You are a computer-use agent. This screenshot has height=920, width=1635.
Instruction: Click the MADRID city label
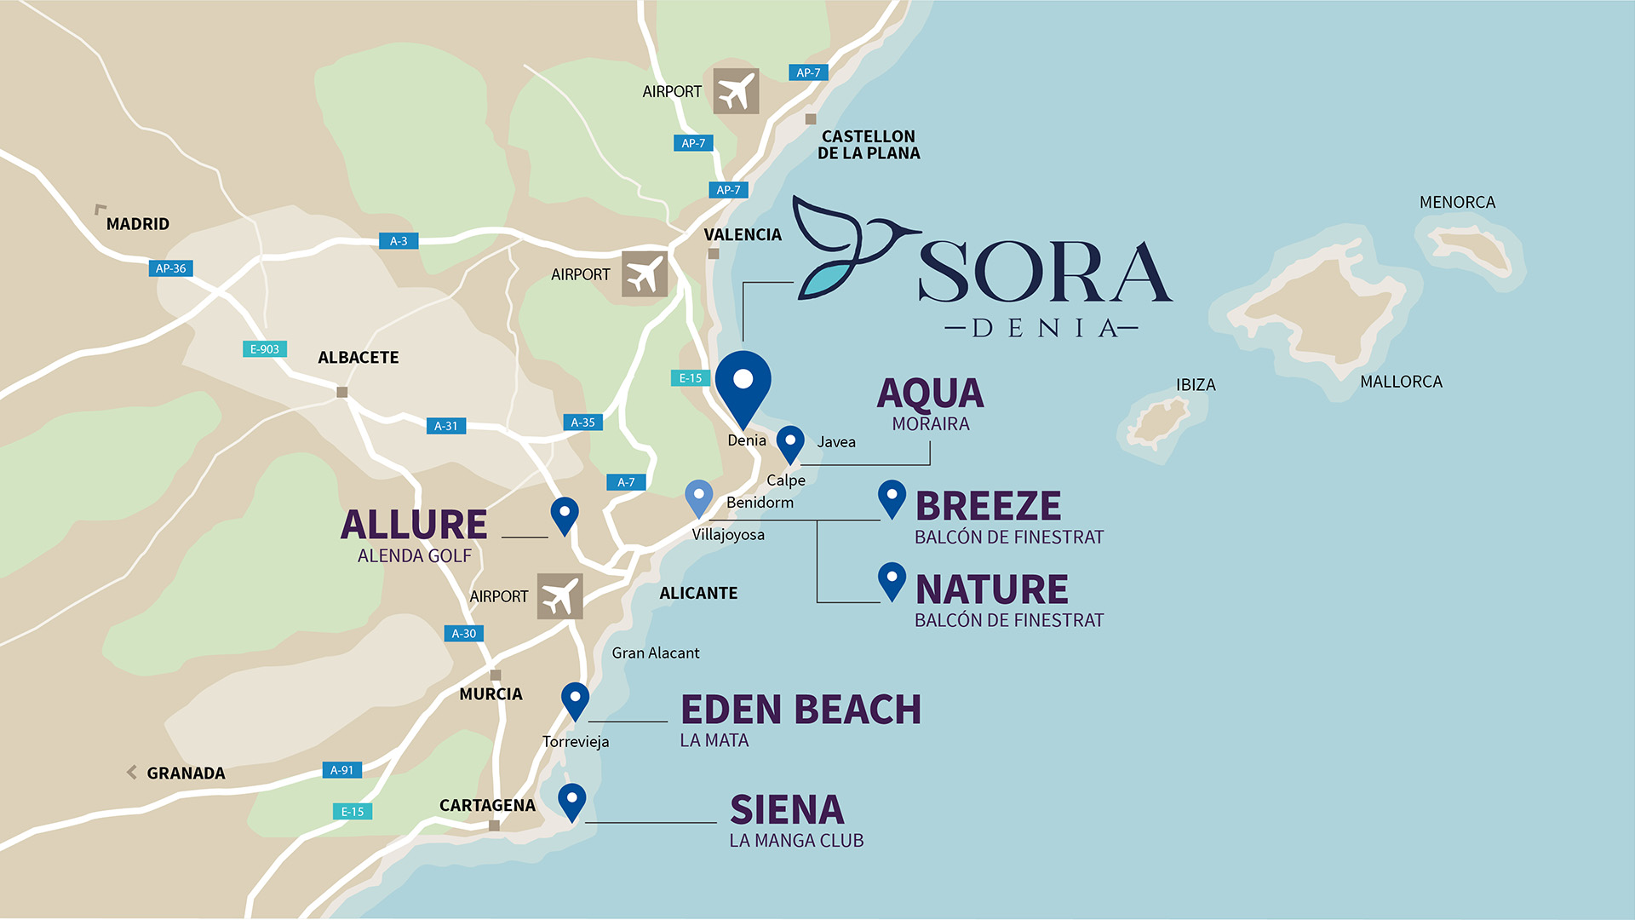tap(137, 224)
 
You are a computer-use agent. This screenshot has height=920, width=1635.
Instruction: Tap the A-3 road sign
tap(399, 241)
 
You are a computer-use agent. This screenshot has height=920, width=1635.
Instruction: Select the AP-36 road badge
tap(170, 268)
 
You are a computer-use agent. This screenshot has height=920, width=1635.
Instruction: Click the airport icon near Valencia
tap(644, 274)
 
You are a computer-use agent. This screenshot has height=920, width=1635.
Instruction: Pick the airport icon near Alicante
tap(559, 596)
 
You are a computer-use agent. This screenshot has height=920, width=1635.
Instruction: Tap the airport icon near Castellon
tap(736, 91)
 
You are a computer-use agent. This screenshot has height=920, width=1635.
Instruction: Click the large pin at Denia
tap(743, 385)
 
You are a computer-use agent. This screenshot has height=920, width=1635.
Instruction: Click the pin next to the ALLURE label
tap(565, 514)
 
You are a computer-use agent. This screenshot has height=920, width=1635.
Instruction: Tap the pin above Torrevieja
tap(576, 699)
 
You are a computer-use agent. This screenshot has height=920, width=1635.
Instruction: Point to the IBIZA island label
tap(1196, 385)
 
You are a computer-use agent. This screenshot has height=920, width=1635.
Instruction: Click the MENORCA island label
tap(1457, 203)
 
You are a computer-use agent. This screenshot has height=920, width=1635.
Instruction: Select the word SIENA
tap(787, 810)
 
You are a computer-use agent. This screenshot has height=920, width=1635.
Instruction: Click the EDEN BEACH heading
tap(800, 710)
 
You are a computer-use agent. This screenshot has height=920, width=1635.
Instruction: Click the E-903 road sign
tap(265, 349)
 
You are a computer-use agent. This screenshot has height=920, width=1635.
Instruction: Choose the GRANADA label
tap(186, 773)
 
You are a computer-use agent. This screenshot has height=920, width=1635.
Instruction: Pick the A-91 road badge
tap(341, 770)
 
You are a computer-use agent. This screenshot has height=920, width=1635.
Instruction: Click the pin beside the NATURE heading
tap(892, 581)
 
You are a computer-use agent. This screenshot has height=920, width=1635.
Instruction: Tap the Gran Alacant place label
tap(655, 653)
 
